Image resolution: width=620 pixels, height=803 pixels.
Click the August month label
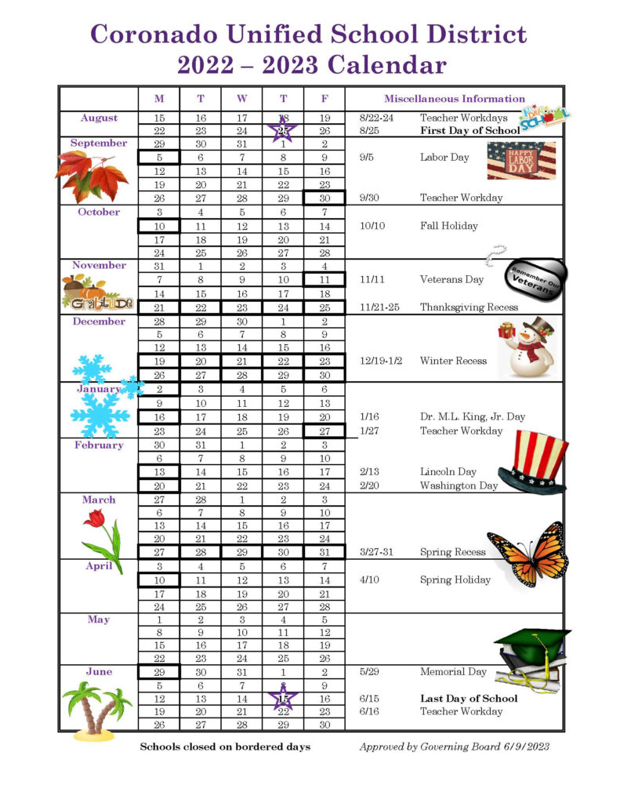(x=99, y=118)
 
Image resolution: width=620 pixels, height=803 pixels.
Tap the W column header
(x=241, y=99)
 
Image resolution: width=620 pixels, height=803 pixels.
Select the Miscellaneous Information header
(x=454, y=99)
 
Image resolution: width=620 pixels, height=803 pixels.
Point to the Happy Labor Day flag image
(x=521, y=161)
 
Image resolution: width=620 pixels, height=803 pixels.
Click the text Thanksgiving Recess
(x=469, y=307)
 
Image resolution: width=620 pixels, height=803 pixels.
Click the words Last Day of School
(x=469, y=698)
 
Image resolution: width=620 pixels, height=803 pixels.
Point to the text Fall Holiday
(x=449, y=226)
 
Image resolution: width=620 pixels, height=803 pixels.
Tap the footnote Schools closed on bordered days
(x=225, y=746)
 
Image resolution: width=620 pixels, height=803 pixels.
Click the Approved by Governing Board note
(x=455, y=746)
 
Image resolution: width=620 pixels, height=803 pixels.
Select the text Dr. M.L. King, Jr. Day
(x=472, y=417)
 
